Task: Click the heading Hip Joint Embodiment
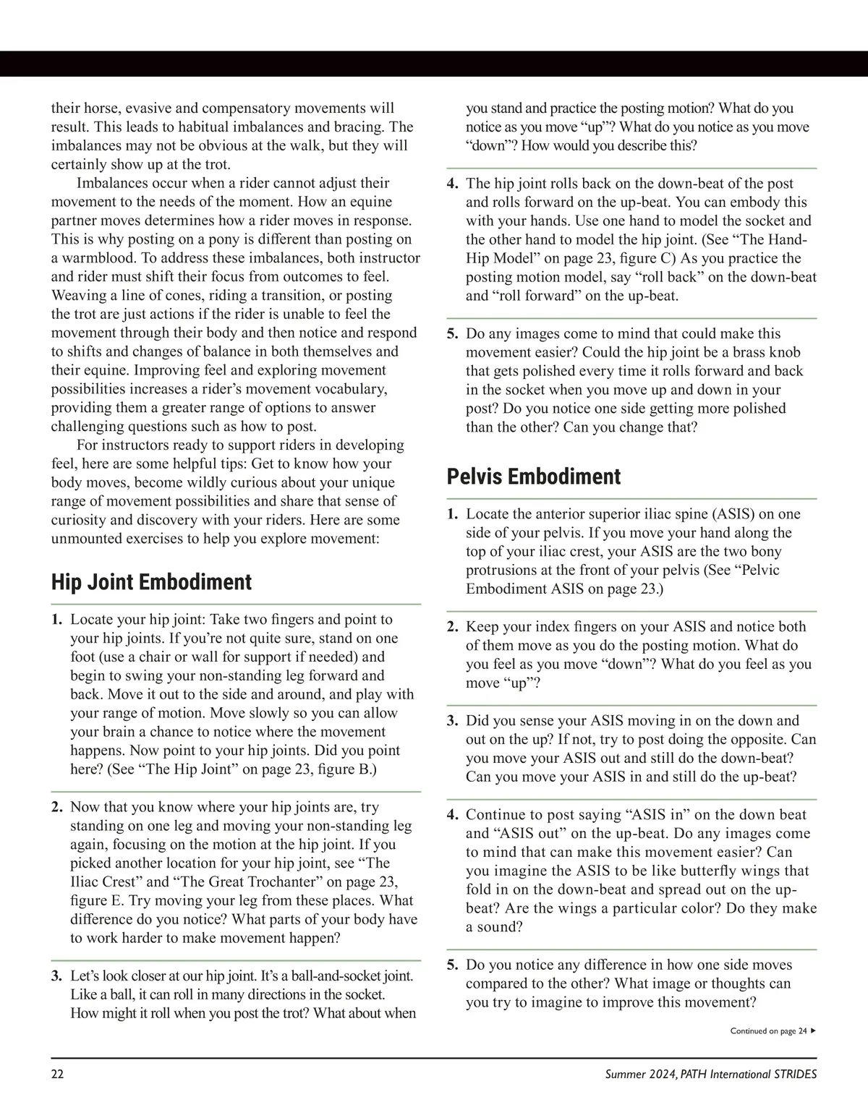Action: (151, 582)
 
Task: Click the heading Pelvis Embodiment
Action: (533, 477)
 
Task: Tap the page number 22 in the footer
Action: (57, 1074)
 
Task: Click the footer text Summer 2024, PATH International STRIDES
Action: (710, 1074)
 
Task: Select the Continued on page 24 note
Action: (767, 1031)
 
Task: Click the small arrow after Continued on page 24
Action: (814, 1031)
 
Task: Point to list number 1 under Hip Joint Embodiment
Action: (56, 620)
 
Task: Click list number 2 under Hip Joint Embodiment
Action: (56, 807)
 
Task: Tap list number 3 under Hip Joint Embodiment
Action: (56, 976)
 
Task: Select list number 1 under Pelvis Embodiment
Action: (452, 514)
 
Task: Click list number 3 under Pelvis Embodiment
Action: (452, 721)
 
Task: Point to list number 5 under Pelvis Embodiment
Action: (452, 965)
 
